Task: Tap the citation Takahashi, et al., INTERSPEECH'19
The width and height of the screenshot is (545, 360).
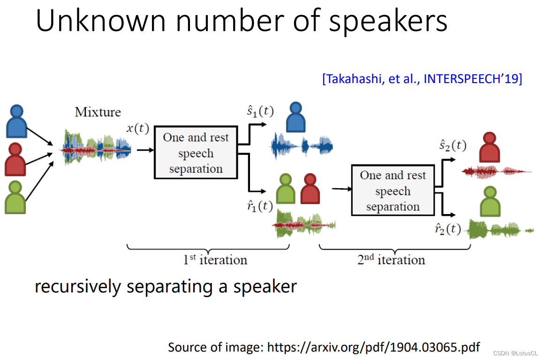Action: point(422,78)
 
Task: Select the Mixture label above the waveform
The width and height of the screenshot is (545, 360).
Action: point(98,112)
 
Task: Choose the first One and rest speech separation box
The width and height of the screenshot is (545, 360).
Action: point(196,153)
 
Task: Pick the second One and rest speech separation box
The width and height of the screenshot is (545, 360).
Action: point(393,191)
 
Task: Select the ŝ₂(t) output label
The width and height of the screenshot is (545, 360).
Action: point(453,146)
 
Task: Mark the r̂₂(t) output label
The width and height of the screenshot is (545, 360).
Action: point(448,229)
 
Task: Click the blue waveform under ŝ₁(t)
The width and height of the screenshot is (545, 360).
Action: point(302,146)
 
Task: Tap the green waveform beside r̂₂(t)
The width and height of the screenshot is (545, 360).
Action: point(501,230)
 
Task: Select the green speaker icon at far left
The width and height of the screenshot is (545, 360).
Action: point(15,198)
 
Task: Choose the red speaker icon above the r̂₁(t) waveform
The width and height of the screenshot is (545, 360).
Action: point(310,188)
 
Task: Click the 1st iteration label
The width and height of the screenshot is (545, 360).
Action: point(215,260)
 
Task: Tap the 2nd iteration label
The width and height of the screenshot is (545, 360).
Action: point(391,260)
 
